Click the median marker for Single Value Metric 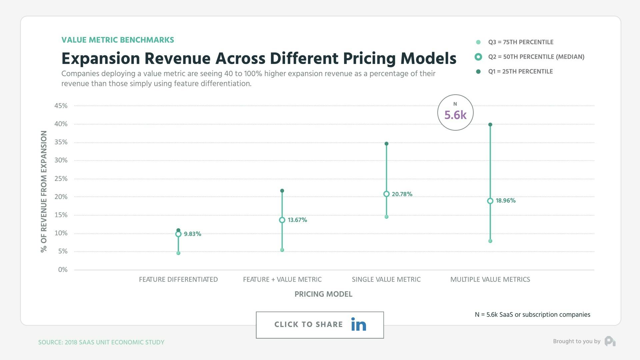point(386,194)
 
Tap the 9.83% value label point(192,234)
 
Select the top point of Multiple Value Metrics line point(490,125)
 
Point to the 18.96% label point(505,201)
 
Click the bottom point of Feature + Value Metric point(282,250)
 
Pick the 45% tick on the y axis point(61,106)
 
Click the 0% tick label point(63,270)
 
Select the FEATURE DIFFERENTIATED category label point(178,279)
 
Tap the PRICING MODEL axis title point(323,294)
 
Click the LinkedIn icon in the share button point(359,324)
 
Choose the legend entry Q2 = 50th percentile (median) point(536,57)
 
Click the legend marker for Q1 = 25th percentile point(478,72)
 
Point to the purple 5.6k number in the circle point(455,115)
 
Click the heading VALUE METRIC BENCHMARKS point(118,40)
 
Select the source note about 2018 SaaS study point(101,342)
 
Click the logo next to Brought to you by point(610,341)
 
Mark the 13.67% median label point(297,220)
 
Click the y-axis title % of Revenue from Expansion point(44,191)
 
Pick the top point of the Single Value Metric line point(386,144)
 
